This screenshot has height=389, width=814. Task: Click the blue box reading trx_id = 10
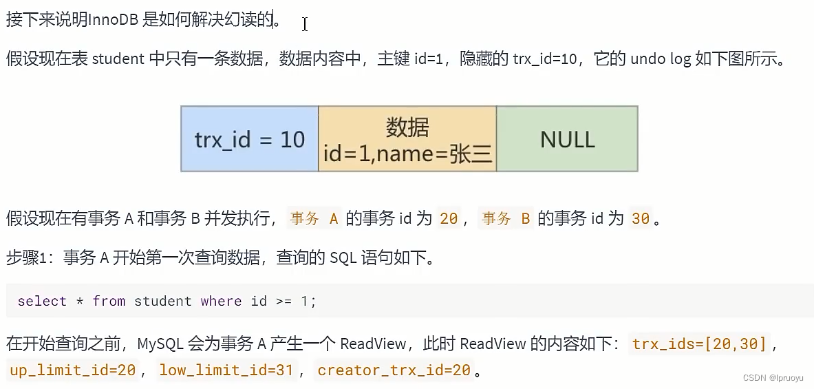tap(249, 139)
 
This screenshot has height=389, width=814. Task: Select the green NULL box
tap(567, 139)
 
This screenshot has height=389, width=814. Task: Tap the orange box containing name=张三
tap(407, 140)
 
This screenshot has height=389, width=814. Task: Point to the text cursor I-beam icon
tap(304, 24)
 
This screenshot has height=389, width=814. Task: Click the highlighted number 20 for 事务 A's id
tap(449, 219)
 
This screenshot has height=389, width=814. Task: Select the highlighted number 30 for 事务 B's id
tap(640, 219)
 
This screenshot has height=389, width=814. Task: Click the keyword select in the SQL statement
tap(42, 302)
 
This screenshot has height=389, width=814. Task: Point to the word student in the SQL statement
tap(162, 302)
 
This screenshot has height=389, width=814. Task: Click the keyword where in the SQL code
tap(221, 302)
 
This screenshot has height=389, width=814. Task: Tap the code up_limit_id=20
tap(72, 370)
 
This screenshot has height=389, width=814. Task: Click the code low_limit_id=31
tap(226, 370)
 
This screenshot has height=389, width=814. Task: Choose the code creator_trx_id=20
tap(394, 370)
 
